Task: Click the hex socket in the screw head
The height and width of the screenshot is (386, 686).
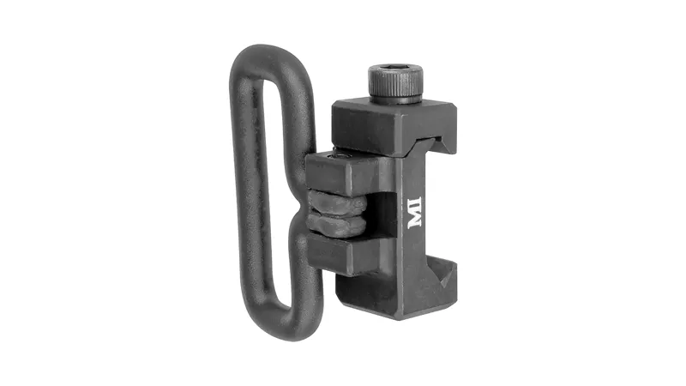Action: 395,72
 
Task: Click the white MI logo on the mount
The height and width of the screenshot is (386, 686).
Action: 415,213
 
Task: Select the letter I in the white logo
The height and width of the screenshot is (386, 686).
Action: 415,202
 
